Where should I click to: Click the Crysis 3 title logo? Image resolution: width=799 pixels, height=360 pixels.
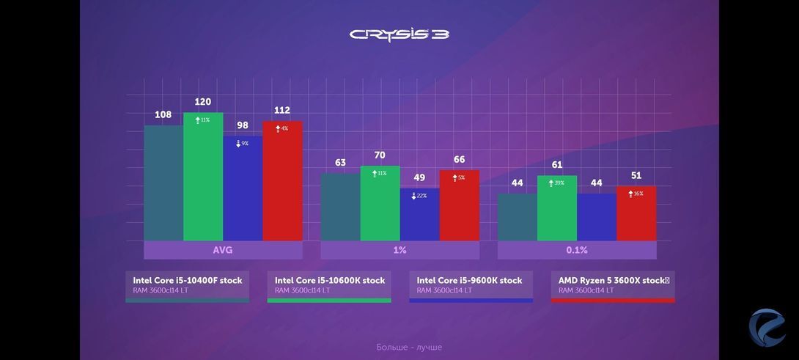tap(399, 34)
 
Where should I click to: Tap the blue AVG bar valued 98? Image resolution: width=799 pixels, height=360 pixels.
tap(243, 188)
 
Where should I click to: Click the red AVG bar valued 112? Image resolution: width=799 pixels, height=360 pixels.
tap(282, 181)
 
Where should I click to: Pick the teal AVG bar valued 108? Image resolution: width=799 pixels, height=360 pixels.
tap(163, 183)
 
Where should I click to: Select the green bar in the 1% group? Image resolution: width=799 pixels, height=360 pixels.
tap(380, 204)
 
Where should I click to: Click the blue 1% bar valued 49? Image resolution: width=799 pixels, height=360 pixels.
tap(419, 215)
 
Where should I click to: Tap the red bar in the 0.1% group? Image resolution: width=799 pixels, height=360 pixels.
tap(636, 213)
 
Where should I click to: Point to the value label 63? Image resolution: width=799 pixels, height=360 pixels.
tap(340, 163)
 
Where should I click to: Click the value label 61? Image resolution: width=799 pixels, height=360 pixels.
tap(557, 165)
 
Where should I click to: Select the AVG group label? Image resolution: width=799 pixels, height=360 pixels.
tap(223, 250)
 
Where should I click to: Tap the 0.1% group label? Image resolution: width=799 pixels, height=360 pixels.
tap(577, 250)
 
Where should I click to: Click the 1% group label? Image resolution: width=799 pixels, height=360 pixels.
tap(399, 250)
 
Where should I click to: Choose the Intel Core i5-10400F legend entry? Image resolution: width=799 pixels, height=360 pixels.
tap(187, 285)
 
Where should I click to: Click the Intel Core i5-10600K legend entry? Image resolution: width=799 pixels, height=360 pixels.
tap(329, 285)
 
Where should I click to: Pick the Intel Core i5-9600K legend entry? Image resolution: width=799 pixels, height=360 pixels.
tap(471, 285)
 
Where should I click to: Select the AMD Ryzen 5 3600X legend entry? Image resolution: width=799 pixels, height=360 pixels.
tap(613, 285)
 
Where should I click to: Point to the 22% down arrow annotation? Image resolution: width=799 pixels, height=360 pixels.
tap(419, 196)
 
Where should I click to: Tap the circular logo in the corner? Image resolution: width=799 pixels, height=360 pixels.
tap(767, 328)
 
